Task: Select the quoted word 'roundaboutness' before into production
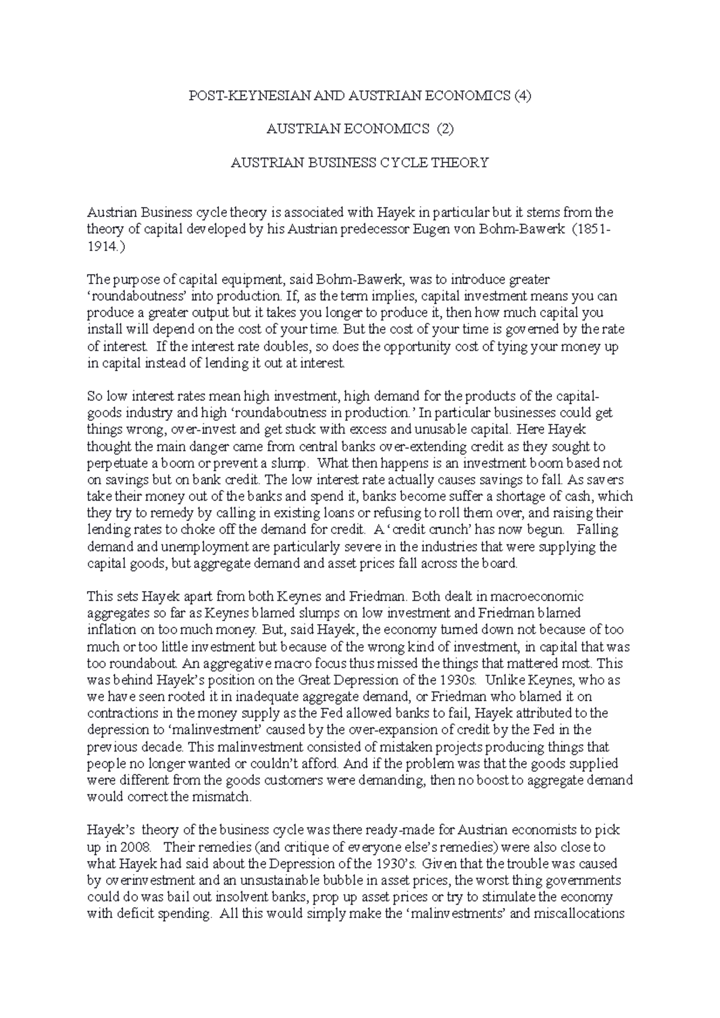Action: pos(130,296)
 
